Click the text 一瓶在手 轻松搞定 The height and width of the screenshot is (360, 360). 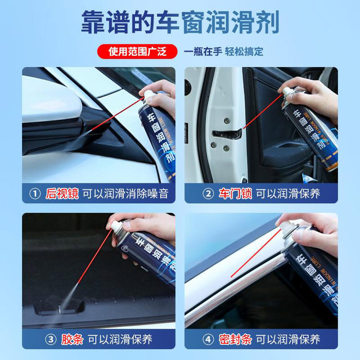tap(223, 52)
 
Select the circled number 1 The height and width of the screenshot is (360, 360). tap(35, 193)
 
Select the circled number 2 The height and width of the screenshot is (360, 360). tap(208, 193)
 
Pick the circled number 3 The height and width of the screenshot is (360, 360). tap(35, 339)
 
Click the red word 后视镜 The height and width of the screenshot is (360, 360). tap(62, 193)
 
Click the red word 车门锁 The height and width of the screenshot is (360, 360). tap(235, 193)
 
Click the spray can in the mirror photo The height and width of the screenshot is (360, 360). tap(157, 135)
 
